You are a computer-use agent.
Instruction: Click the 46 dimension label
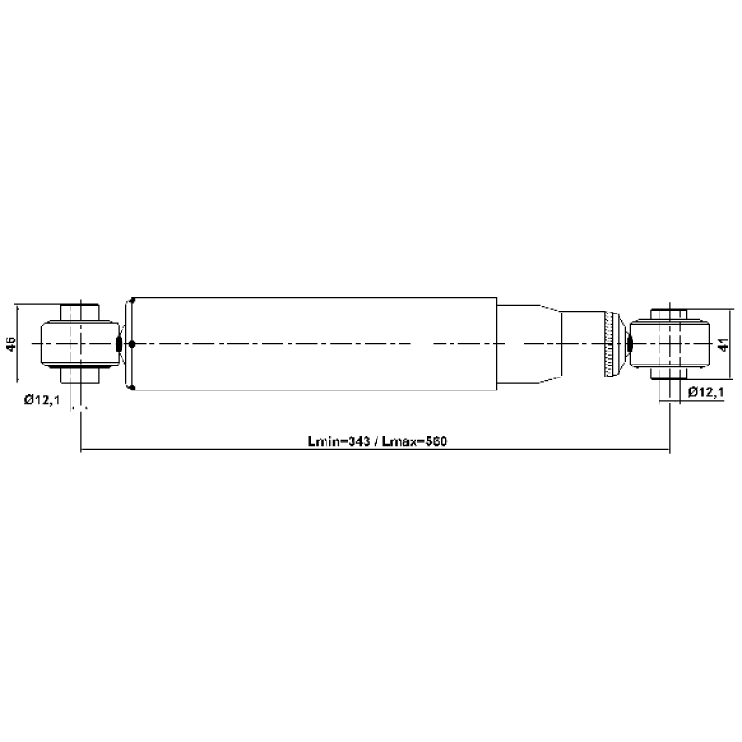11,343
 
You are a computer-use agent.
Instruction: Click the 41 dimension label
723,344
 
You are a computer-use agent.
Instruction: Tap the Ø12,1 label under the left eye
42,401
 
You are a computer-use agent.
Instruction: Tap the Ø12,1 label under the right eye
706,391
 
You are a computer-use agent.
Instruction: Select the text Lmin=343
339,441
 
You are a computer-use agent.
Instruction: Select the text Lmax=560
414,441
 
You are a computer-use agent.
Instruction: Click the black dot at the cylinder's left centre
132,344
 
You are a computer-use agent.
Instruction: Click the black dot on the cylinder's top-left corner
133,300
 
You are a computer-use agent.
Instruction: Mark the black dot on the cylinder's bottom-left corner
133,388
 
